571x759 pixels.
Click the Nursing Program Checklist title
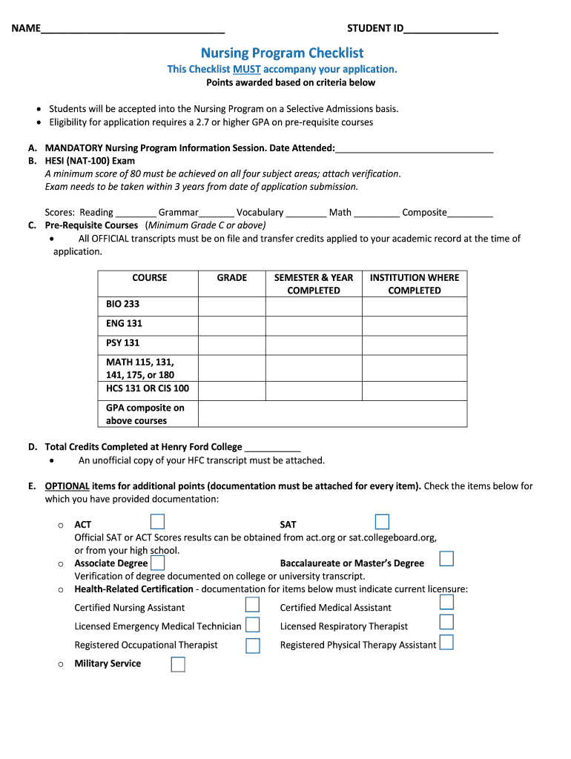283,53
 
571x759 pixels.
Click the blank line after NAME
133,30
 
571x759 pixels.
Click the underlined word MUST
246,69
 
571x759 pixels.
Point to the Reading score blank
136,213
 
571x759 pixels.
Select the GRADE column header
231,278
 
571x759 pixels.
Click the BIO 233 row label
122,304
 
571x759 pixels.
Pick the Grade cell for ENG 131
231,324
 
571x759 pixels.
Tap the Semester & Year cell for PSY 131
313,343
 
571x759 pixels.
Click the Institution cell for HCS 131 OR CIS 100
414,388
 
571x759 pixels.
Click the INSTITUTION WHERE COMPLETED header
414,284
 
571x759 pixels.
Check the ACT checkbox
157,522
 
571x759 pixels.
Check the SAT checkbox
382,522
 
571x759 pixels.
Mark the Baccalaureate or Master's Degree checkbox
446,559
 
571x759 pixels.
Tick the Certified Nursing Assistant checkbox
253,606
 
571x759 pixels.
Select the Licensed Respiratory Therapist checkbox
446,623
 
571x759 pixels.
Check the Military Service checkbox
178,664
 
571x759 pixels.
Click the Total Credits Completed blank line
272,448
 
